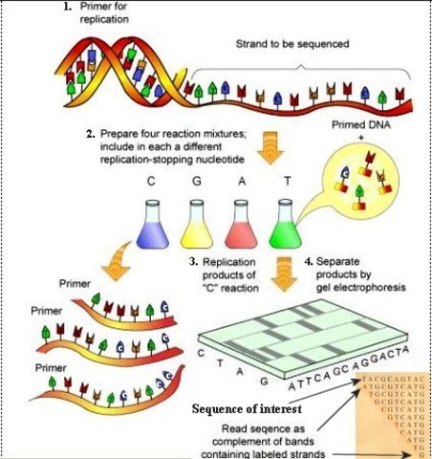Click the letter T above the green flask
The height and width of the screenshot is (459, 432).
[x=285, y=179]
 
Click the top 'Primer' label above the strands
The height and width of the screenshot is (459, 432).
[x=76, y=283]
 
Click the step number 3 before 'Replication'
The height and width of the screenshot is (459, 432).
[x=194, y=261]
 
